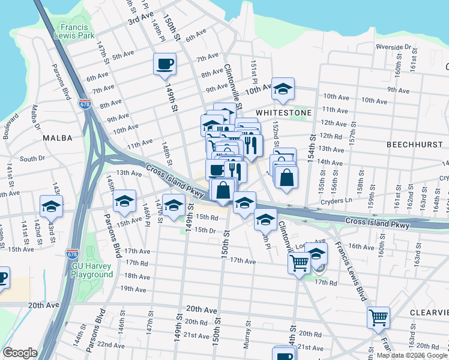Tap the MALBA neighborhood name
58,138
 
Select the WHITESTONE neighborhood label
284,113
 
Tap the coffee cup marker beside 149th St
164,64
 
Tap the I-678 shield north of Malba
85,104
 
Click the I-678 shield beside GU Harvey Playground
73,254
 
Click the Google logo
20,353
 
